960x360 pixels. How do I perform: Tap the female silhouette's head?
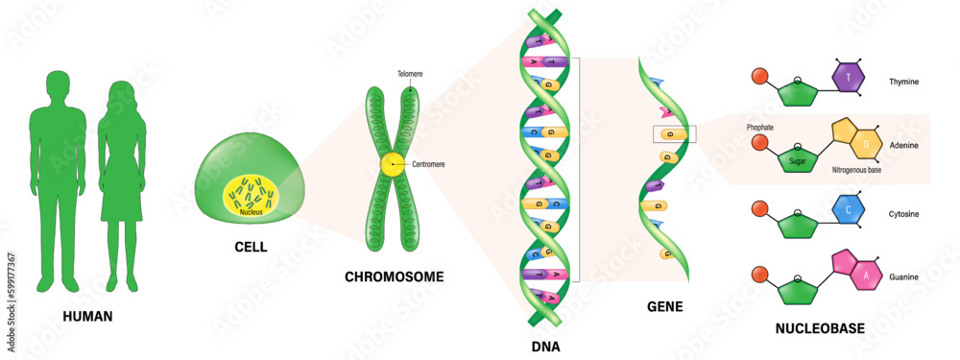pos(123,94)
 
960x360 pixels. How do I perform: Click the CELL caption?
pos(251,247)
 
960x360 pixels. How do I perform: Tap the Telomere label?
pos(410,73)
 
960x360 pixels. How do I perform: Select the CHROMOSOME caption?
pos(394,276)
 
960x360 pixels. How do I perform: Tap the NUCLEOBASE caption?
pos(820,328)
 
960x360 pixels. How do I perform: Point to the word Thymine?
pos(905,82)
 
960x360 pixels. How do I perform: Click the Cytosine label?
pos(905,213)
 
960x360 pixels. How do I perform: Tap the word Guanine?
pos(904,277)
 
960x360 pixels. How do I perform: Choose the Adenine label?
pos(904,143)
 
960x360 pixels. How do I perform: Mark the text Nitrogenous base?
pos(858,170)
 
